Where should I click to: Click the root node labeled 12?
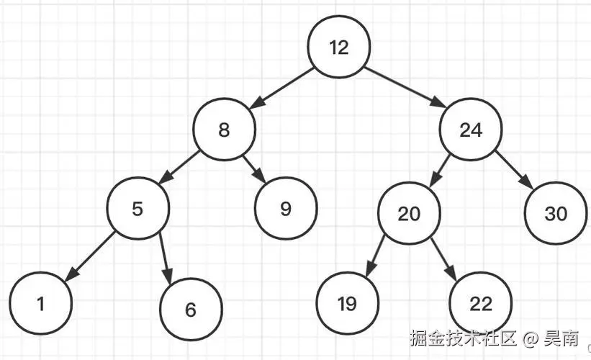pyautogui.click(x=338, y=48)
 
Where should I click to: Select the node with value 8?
pyautogui.click(x=224, y=130)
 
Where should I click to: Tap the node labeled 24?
pyautogui.click(x=471, y=130)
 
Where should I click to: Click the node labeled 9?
pyautogui.click(x=286, y=209)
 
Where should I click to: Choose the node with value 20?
pyautogui.click(x=409, y=214)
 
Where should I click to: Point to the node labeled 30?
pyautogui.click(x=555, y=213)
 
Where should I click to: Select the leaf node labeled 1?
pyautogui.click(x=41, y=303)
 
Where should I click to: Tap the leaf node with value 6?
pyautogui.click(x=190, y=310)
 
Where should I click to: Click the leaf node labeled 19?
pyautogui.click(x=347, y=303)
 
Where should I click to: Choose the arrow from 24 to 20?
pyautogui.click(x=440, y=171)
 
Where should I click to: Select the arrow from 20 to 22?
pyautogui.click(x=446, y=258)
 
